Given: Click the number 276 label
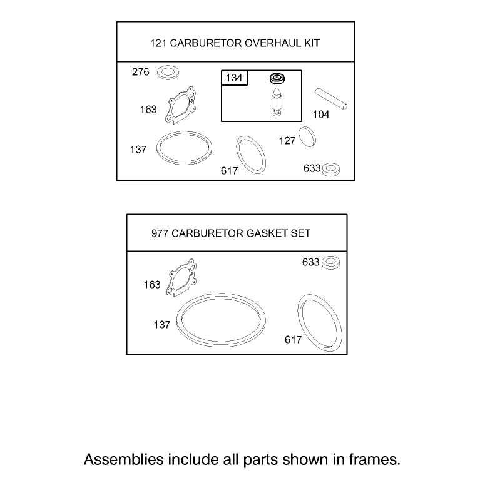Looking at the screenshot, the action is [x=141, y=72].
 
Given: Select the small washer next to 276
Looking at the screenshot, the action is [x=168, y=73].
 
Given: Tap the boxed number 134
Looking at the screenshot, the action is [x=234, y=78].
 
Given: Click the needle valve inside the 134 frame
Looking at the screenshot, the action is [x=277, y=101].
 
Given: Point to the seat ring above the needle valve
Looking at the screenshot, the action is [x=277, y=78].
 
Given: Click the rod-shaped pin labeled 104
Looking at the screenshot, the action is [x=331, y=99].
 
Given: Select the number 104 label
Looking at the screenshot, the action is [x=321, y=115].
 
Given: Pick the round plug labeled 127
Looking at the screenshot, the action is [x=307, y=136].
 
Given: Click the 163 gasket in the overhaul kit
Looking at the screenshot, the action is [x=180, y=105].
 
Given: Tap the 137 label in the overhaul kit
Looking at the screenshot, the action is [x=138, y=150].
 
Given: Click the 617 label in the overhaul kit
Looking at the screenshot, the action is [x=229, y=171].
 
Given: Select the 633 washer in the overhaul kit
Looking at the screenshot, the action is [x=330, y=170].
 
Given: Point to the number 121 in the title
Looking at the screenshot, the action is [x=158, y=43].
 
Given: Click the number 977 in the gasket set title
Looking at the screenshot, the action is [x=160, y=233].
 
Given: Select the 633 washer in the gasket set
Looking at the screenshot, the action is [x=330, y=263].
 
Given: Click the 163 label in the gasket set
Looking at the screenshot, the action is [x=152, y=285].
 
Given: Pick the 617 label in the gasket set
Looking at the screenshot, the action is [x=294, y=340].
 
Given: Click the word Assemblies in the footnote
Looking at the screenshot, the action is [x=124, y=459].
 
